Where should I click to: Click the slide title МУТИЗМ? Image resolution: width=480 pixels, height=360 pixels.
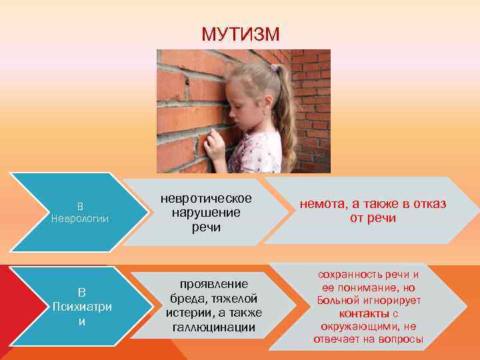coord(241,34)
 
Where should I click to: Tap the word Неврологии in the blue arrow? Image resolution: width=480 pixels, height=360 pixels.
coord(79,219)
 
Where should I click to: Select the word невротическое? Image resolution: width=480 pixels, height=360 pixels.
coord(205,199)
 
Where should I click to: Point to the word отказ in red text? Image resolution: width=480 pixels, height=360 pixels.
coord(429,204)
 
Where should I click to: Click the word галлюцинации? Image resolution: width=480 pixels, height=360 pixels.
coord(214,327)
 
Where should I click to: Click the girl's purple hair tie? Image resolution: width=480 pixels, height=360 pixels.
coord(274,67)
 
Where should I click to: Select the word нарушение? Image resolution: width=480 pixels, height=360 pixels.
coord(205,213)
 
